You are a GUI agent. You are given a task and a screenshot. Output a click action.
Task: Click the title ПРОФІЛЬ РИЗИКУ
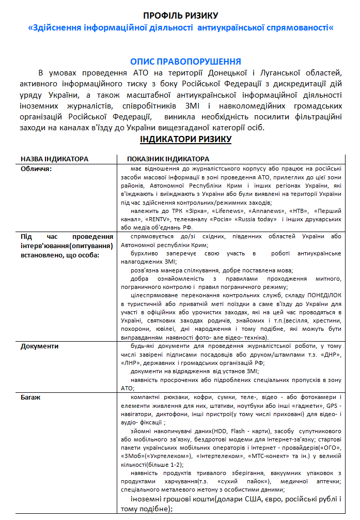point(180,16)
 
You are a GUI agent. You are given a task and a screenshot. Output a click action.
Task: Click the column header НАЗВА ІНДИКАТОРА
point(54,159)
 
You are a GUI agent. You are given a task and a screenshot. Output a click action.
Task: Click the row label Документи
point(40,346)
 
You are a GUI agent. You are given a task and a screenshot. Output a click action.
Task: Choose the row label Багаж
point(32,397)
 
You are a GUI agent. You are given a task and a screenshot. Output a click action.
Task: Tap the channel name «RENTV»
point(162,219)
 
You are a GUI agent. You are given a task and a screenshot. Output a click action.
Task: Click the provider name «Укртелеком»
point(166,456)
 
